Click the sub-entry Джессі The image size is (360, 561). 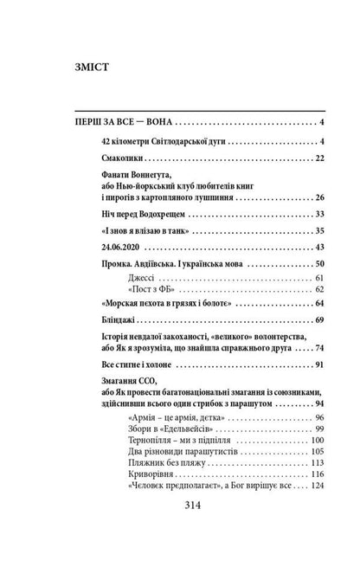(140, 277)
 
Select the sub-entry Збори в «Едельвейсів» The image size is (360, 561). (170, 429)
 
